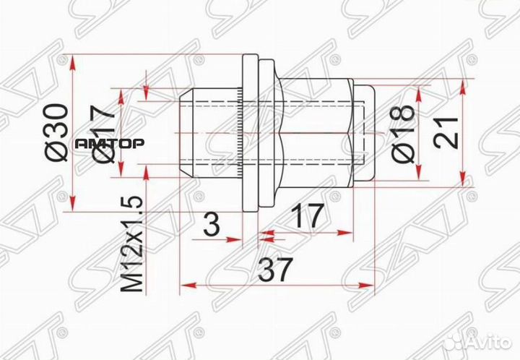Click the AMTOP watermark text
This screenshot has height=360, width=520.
click(110, 144)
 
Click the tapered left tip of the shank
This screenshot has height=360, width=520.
click(186, 134)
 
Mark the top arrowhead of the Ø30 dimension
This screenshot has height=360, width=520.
click(74, 61)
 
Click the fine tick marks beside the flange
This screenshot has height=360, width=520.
click(238, 134)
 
